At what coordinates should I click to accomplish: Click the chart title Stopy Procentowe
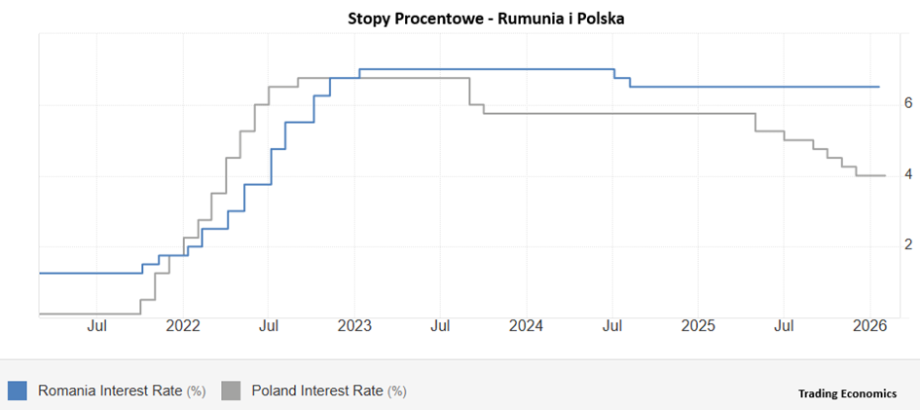(x=409, y=19)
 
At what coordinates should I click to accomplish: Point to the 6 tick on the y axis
(x=880, y=102)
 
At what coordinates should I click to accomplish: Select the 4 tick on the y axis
(x=880, y=174)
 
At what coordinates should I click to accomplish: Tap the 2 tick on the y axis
(x=880, y=245)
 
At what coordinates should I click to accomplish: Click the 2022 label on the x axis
(x=183, y=326)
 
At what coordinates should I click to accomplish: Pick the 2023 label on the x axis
(x=354, y=326)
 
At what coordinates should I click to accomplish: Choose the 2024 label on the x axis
(x=527, y=326)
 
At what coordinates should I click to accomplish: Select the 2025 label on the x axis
(x=699, y=326)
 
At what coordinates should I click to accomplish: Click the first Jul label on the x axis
(x=96, y=326)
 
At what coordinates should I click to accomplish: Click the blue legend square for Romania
(x=17, y=391)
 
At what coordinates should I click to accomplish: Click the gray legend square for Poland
(x=231, y=391)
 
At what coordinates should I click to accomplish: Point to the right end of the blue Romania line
(x=879, y=87)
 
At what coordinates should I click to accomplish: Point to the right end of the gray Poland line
(x=884, y=175)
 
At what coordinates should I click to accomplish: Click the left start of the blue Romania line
(x=40, y=273)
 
